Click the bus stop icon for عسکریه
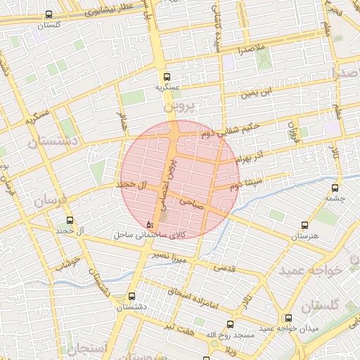pos(167,77)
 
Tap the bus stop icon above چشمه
pos(335,188)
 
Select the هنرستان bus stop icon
pos(304,226)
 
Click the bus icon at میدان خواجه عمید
pos(288,318)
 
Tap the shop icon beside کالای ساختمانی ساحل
pos(150,224)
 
